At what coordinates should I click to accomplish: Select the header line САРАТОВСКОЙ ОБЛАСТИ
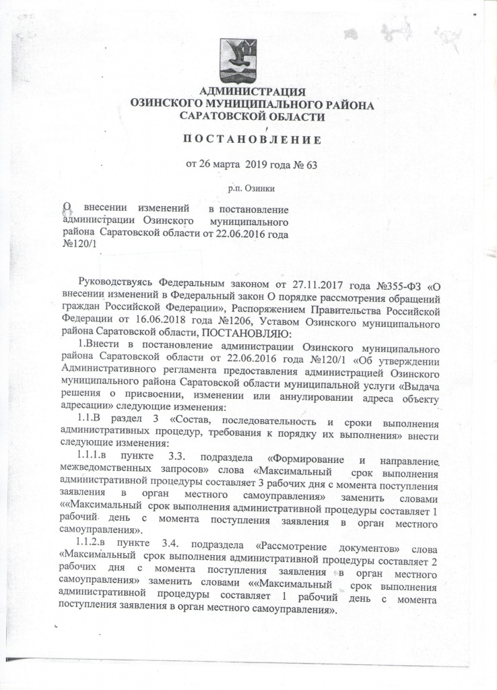[253, 116]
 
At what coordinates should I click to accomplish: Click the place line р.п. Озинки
[252, 189]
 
